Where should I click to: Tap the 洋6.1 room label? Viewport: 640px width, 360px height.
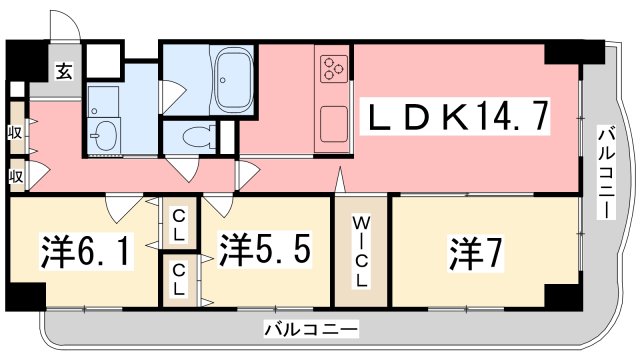pyautogui.click(x=86, y=250)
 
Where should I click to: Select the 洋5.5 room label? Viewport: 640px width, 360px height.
pyautogui.click(x=265, y=249)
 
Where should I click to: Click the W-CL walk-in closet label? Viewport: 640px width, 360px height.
pyautogui.click(x=361, y=251)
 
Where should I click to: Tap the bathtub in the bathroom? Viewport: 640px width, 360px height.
pyautogui.click(x=233, y=80)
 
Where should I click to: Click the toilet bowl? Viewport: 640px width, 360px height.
pyautogui.click(x=199, y=136)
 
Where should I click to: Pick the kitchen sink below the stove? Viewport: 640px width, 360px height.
pyautogui.click(x=334, y=124)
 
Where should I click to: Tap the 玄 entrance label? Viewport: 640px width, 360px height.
pyautogui.click(x=64, y=72)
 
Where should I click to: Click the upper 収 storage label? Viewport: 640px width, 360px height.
pyautogui.click(x=16, y=133)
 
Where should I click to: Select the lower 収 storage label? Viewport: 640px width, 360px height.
pyautogui.click(x=16, y=177)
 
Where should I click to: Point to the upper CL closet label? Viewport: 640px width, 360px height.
pyautogui.click(x=178, y=224)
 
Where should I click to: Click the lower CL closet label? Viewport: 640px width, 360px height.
pyautogui.click(x=178, y=280)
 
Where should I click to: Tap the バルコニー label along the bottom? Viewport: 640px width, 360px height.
pyautogui.click(x=311, y=329)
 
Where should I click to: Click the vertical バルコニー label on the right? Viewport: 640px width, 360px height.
pyautogui.click(x=606, y=173)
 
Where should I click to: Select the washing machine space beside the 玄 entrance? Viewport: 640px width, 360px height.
pyautogui.click(x=103, y=60)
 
